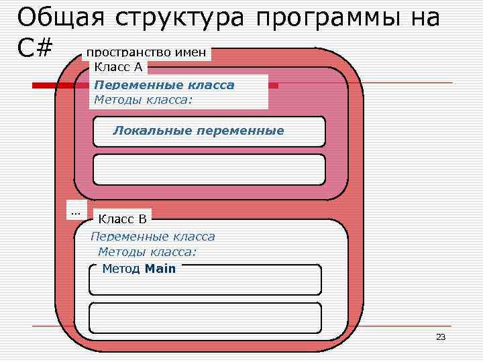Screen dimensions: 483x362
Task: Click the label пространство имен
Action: coord(146,53)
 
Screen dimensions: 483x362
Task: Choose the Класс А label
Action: coord(118,66)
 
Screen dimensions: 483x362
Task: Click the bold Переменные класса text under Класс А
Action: coord(164,85)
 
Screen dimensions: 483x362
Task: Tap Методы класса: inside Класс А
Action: coord(143,100)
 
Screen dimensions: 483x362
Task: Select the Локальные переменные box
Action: coord(209,131)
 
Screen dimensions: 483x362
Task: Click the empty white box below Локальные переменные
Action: coord(209,169)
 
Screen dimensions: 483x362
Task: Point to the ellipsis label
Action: coord(75,212)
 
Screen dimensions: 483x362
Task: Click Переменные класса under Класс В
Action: coord(152,236)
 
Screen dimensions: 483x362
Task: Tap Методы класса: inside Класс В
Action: coord(148,252)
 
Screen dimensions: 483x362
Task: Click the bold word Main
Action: coord(160,269)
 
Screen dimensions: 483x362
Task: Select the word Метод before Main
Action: coord(121,269)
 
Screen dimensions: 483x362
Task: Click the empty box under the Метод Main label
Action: coord(205,283)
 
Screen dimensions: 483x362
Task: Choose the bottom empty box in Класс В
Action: coord(205,318)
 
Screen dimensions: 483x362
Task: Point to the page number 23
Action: coord(441,337)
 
